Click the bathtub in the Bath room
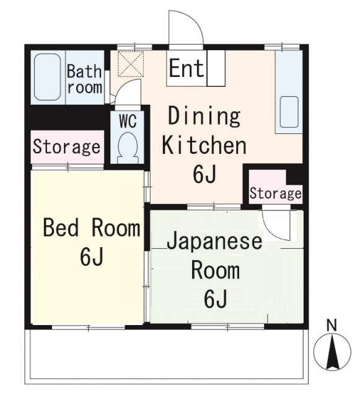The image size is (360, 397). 47,78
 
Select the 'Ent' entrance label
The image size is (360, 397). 186,68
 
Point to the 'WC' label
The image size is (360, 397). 128,120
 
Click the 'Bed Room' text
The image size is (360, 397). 91,228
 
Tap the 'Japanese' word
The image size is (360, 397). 214,241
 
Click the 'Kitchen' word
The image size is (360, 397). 204,146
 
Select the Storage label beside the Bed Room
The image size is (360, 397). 66,148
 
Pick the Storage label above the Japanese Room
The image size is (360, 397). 275,194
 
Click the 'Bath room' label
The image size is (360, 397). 85,79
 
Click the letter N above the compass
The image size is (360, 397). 332,324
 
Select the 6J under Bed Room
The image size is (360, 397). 91,257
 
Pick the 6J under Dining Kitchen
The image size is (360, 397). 204,175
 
